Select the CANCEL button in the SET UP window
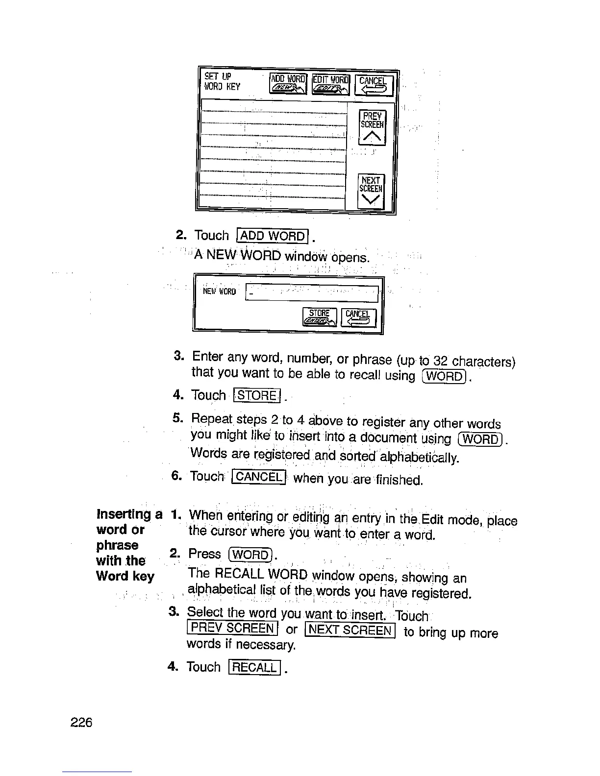point(374,84)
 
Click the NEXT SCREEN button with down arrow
point(371,191)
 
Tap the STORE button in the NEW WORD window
point(320,317)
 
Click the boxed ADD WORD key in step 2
point(273,236)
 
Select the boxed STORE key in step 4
point(257,395)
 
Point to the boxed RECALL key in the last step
point(254,667)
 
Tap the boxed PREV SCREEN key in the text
point(232,628)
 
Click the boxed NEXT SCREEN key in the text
point(350,630)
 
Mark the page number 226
point(81,723)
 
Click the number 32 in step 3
point(441,362)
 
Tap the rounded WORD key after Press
point(250,555)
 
